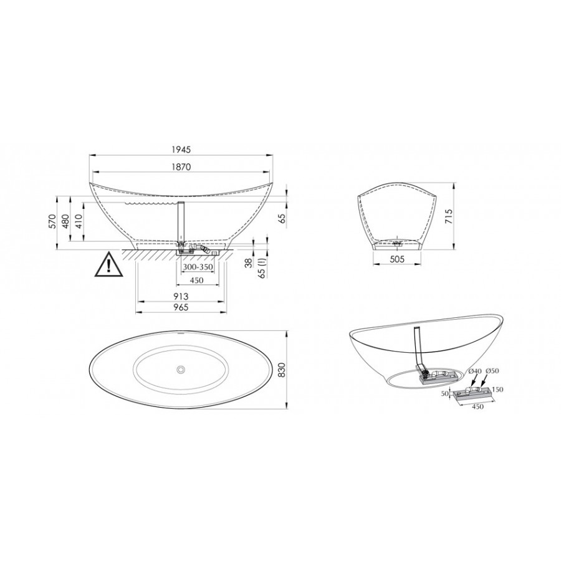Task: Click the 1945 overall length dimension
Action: [x=181, y=150]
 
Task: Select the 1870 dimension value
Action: [x=181, y=166]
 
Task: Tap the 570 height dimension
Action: [x=52, y=222]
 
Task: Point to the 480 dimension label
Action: [x=65, y=222]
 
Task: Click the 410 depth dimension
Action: [x=79, y=222]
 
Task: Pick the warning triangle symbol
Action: [x=108, y=264]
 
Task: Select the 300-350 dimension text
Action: [x=198, y=267]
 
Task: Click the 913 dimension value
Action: [x=181, y=296]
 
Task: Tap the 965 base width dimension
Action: [x=181, y=307]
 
